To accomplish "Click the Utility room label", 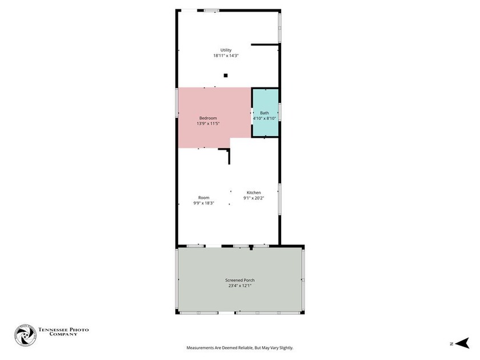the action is coord(226,50).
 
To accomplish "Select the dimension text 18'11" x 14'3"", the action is coord(226,56).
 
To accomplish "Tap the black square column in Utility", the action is coord(226,75).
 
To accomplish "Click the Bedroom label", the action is coord(208,118).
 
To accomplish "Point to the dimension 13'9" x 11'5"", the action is coord(208,123).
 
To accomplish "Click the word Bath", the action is coord(265,113).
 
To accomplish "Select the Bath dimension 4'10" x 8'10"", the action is coord(265,118).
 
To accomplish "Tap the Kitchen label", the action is coord(254,193).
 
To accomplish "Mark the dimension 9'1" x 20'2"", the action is coord(254,198).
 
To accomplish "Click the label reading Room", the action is coord(204,198).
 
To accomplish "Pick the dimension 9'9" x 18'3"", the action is coord(204,203).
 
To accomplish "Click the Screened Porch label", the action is coord(240,280).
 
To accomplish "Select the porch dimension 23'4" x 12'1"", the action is coord(240,286).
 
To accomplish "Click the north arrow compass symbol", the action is coord(462,343).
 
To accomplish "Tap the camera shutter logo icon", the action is coord(25,335).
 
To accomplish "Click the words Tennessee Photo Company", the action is coord(63,332).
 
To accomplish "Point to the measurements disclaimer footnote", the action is coord(240,348).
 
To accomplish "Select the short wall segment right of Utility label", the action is coord(265,45).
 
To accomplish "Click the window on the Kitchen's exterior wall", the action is coord(279,199).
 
